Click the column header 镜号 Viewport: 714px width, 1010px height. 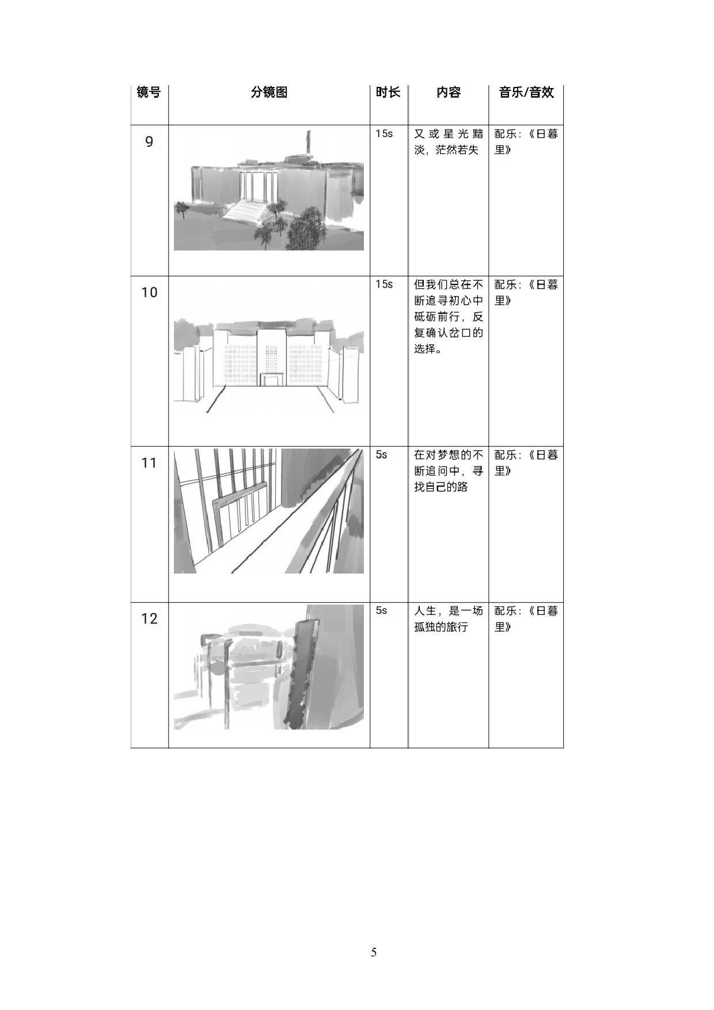click(x=149, y=92)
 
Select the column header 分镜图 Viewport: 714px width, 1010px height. click(x=269, y=92)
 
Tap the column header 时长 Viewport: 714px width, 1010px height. click(x=388, y=92)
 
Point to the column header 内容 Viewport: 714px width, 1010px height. click(x=448, y=92)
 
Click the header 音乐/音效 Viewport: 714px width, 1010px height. click(x=526, y=92)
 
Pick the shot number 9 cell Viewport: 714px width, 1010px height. click(x=149, y=142)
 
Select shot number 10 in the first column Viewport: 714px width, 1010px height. click(x=149, y=293)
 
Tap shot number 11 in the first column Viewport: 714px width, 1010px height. click(x=149, y=463)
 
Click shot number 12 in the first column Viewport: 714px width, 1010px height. click(x=149, y=619)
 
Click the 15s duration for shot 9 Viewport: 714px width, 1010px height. click(x=384, y=134)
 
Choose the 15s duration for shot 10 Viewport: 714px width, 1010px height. click(x=384, y=284)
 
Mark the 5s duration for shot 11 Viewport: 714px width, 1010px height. click(x=381, y=455)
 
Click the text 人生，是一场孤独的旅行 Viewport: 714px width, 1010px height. click(x=448, y=619)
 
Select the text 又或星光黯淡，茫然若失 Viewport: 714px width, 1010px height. click(x=448, y=142)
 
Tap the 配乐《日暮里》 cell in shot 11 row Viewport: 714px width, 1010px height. click(x=526, y=462)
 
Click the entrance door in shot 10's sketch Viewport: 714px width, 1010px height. click(x=272, y=379)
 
